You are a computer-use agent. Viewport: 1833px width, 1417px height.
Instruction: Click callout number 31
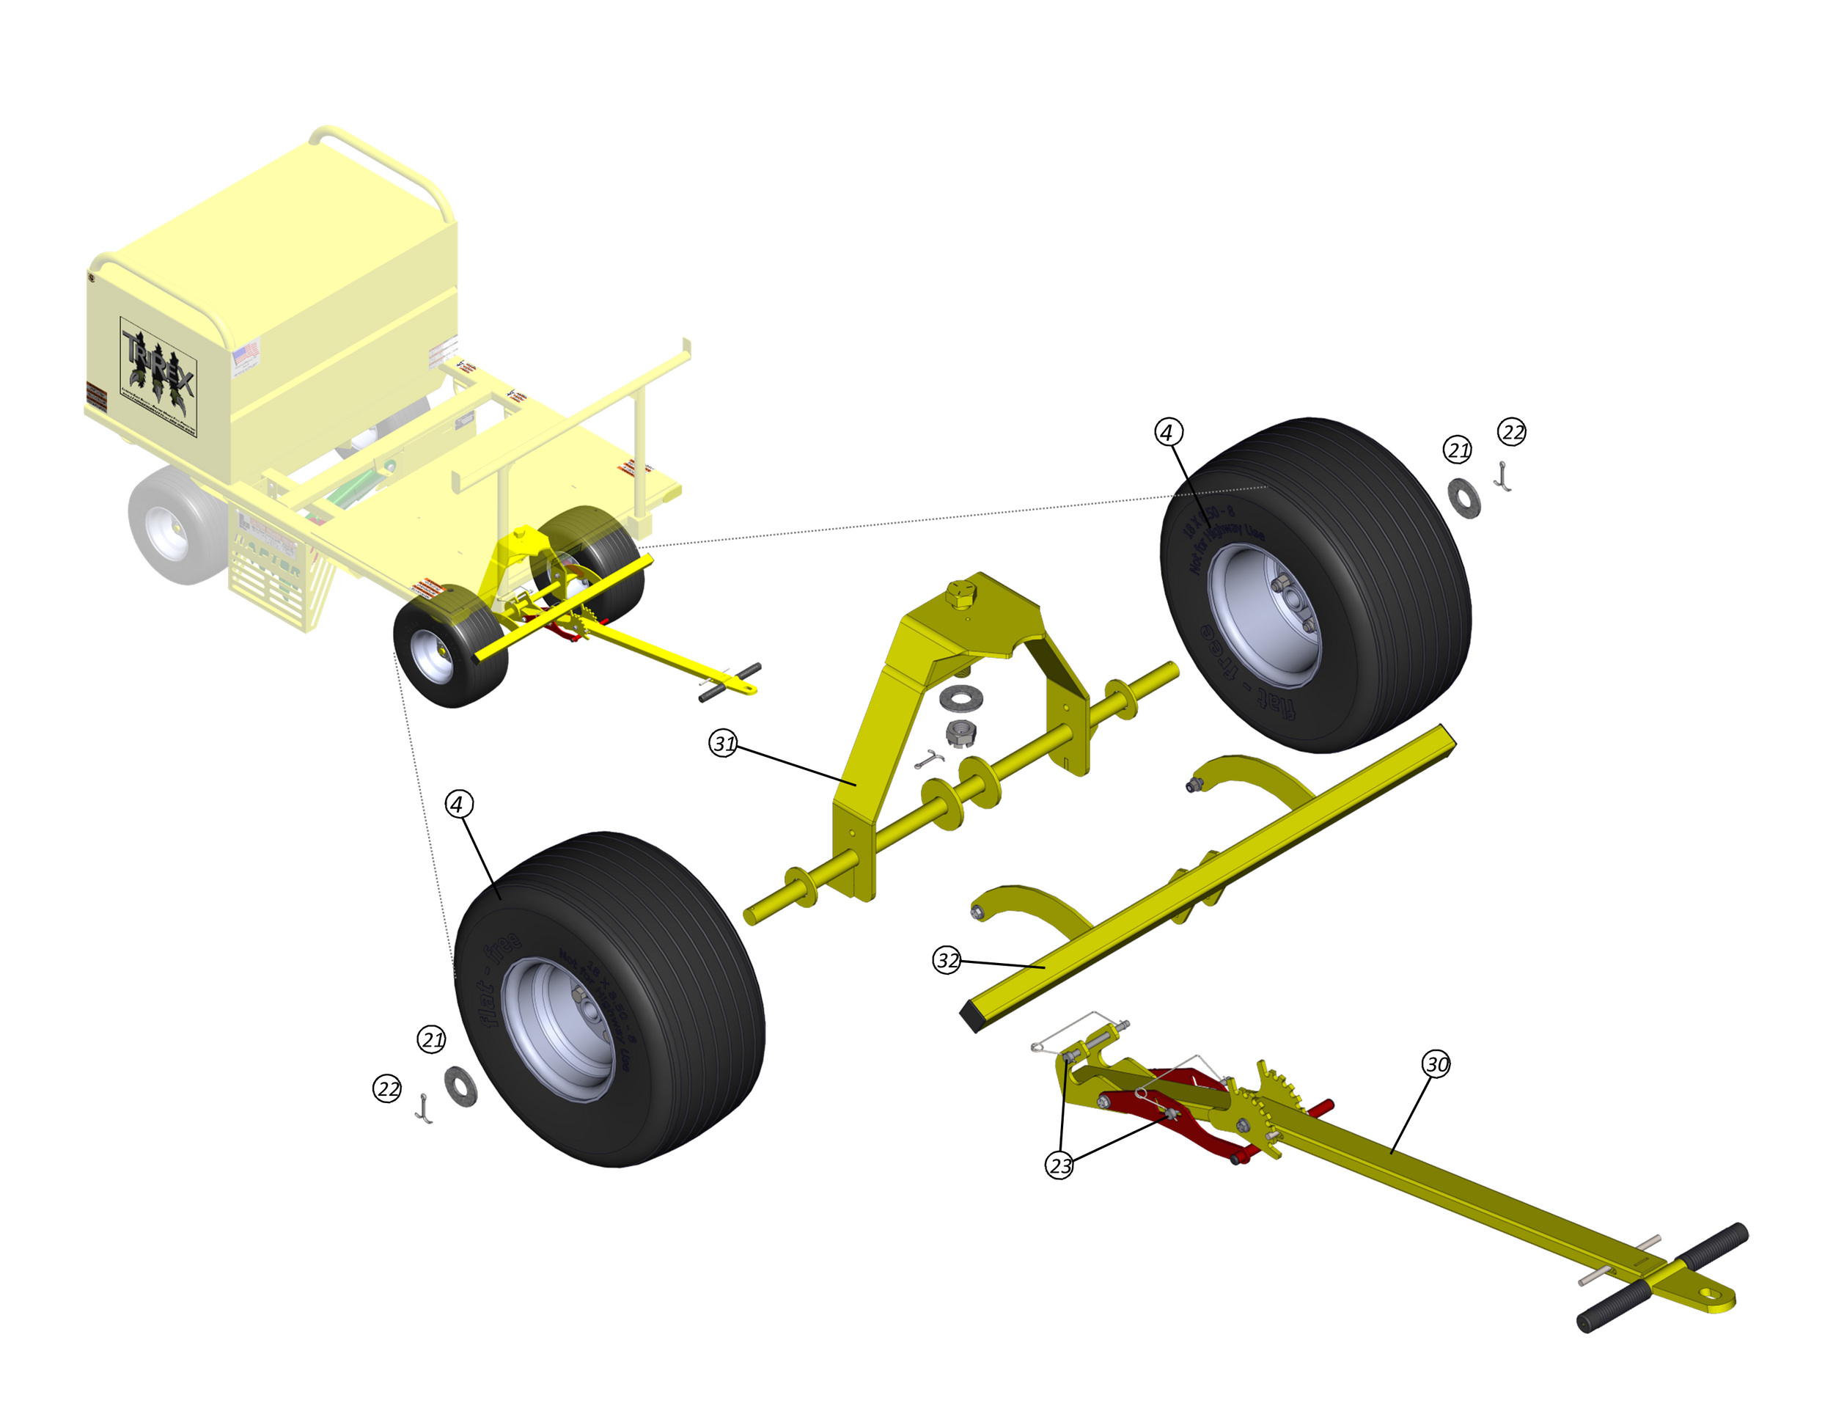coord(723,743)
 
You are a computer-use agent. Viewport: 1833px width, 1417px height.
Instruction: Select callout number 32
coord(947,959)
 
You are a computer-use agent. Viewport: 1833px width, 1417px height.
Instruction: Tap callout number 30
coord(1436,1064)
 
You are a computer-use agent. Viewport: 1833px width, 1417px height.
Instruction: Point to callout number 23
coord(1059,1165)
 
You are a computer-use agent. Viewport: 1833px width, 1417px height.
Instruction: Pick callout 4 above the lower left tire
coord(458,804)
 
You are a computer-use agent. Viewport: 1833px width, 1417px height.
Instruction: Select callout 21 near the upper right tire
coord(1457,450)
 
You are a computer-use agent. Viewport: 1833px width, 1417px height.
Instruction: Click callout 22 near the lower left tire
coord(387,1088)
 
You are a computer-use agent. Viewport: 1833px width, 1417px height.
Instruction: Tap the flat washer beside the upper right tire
coord(1463,498)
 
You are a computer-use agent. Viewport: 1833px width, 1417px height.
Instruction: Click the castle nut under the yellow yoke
coord(960,732)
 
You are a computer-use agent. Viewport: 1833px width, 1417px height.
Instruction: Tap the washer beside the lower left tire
coord(460,1086)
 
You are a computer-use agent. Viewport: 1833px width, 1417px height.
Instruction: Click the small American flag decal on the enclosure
coord(245,354)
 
